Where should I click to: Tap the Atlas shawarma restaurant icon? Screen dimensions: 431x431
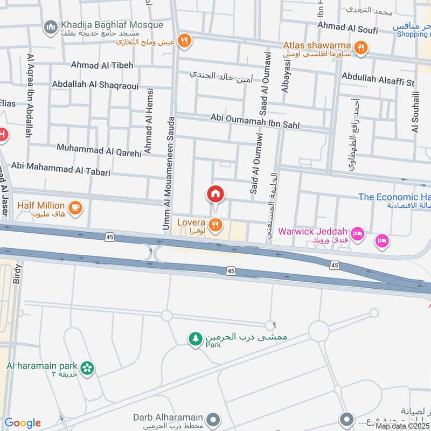360,47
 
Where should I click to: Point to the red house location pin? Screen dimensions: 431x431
215,194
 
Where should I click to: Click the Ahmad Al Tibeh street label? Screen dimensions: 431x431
102,65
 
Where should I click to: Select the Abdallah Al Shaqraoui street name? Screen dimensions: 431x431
95,85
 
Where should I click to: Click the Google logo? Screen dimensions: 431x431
23,423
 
